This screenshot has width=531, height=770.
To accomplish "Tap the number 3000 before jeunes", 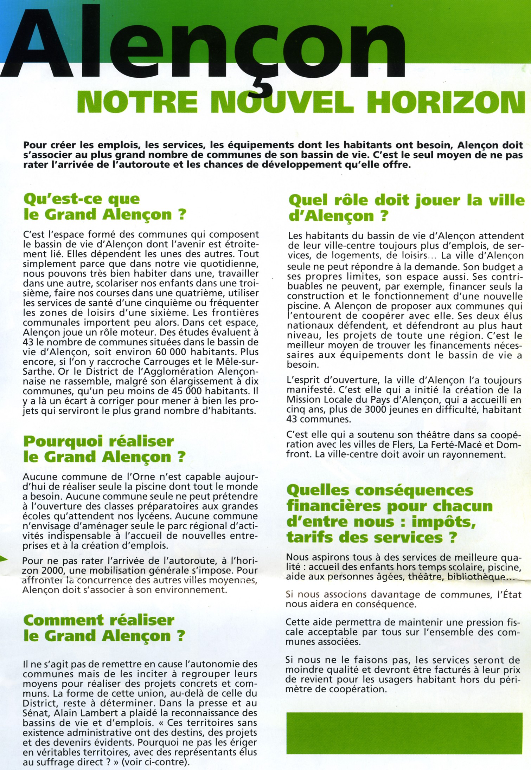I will tap(382, 409).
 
